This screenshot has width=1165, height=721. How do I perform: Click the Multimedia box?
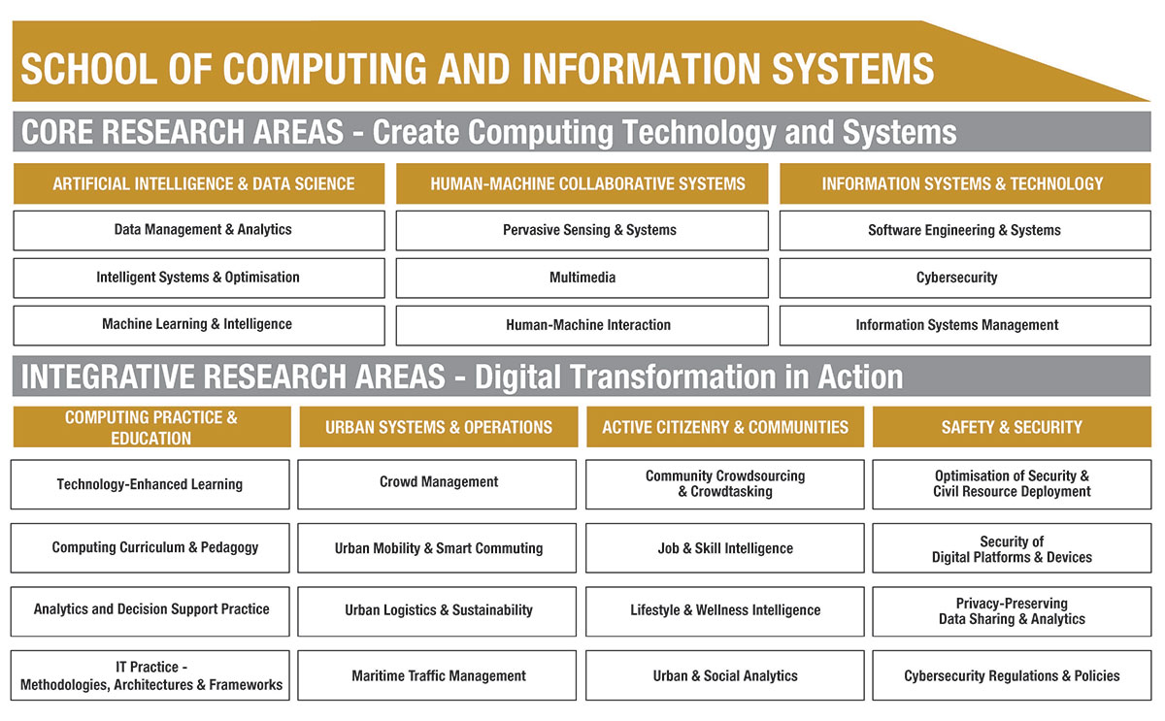pyautogui.click(x=582, y=278)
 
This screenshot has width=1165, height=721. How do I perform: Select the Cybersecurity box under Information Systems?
pyautogui.click(x=956, y=278)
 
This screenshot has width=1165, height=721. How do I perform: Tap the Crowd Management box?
pyautogui.click(x=438, y=482)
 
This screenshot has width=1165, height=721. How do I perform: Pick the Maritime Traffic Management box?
pyautogui.click(x=438, y=675)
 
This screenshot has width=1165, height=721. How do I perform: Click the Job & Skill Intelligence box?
pyautogui.click(x=724, y=548)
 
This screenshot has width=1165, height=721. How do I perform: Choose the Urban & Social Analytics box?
pyautogui.click(x=724, y=675)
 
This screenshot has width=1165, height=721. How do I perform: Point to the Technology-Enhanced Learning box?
pyautogui.click(x=150, y=484)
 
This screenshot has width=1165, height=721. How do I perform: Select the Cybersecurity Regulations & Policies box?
pyautogui.click(x=1012, y=675)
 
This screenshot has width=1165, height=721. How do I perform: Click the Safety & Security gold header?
pyautogui.click(x=1012, y=427)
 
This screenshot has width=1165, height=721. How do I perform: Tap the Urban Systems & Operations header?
pyautogui.click(x=438, y=427)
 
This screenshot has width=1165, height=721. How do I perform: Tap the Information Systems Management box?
pyautogui.click(x=956, y=325)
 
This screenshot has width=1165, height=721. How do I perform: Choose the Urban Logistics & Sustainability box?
pyautogui.click(x=438, y=610)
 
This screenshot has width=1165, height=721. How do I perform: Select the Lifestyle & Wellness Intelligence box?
pyautogui.click(x=724, y=610)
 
